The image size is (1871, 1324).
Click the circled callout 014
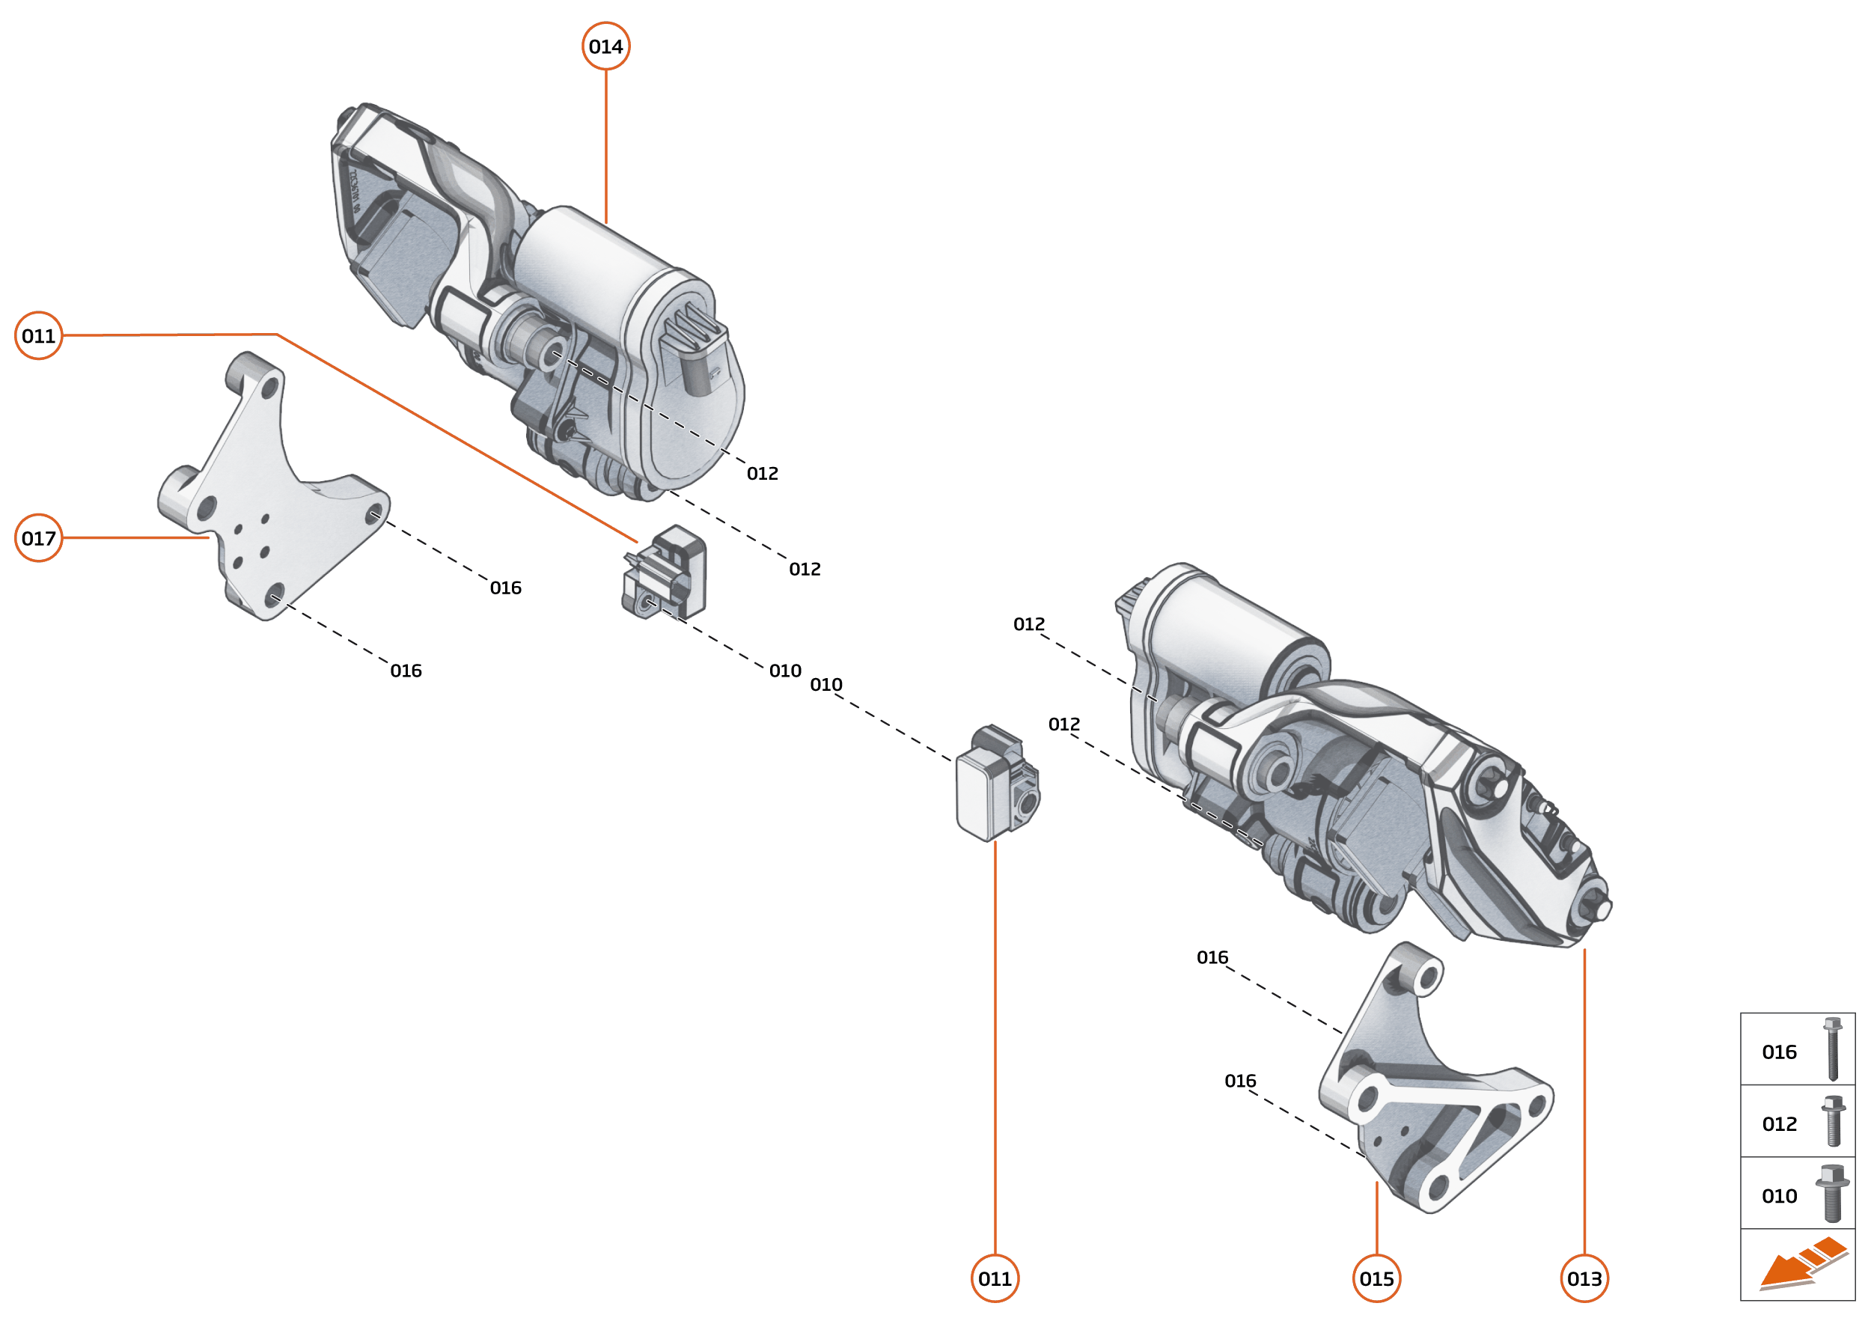pyautogui.click(x=605, y=46)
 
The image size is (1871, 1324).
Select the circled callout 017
pyautogui.click(x=38, y=538)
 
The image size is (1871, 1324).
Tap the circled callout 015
pyautogui.click(x=1376, y=1278)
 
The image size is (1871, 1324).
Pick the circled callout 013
pyautogui.click(x=1584, y=1278)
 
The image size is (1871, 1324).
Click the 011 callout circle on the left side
pyautogui.click(x=38, y=335)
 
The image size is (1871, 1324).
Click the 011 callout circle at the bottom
pyautogui.click(x=995, y=1278)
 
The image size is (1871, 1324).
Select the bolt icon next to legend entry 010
pyautogui.click(x=1832, y=1194)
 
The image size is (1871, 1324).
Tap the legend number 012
pyautogui.click(x=1779, y=1124)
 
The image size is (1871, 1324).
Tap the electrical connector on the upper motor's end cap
pyautogui.click(x=693, y=350)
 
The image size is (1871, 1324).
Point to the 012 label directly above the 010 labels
pyautogui.click(x=804, y=569)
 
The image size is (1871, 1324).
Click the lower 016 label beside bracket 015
pyautogui.click(x=1239, y=1081)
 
